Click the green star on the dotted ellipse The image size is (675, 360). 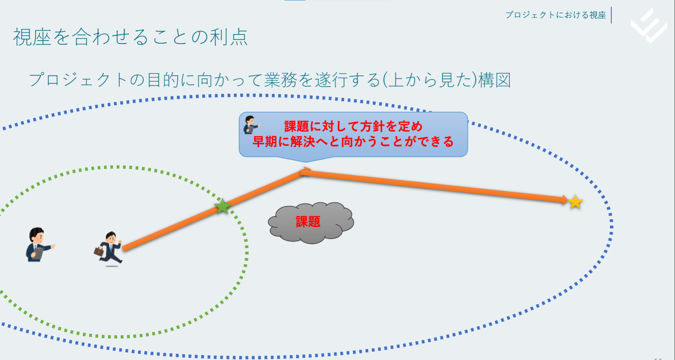pos(222,206)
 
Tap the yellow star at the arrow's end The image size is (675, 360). pos(575,202)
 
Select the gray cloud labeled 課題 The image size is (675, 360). pos(311,223)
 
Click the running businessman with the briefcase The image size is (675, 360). pos(108,248)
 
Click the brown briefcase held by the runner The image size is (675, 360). pos(98,251)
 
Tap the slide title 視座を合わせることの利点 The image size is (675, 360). pos(130,37)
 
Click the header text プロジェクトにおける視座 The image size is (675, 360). pos(555,15)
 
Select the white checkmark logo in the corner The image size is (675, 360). pos(649,26)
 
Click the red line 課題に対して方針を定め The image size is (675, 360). pos(353,126)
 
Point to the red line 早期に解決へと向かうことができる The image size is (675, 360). pos(353,141)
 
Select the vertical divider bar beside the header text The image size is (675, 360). pos(611,15)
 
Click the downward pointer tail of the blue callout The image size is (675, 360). pos(306,159)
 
